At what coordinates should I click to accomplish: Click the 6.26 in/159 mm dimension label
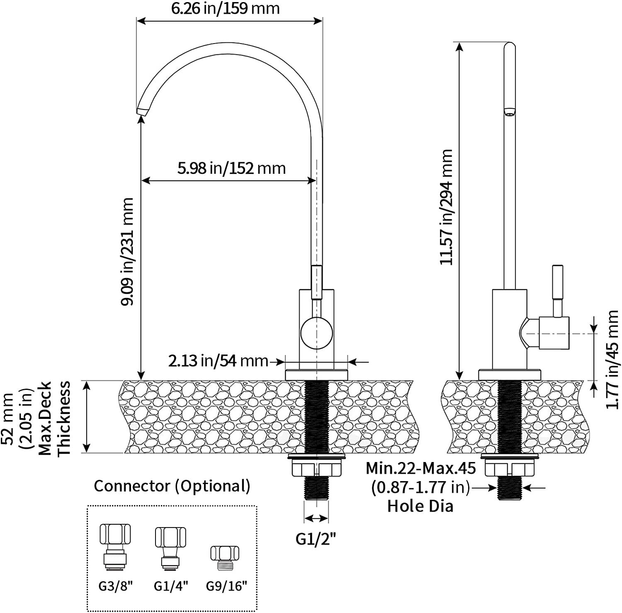pos(226,8)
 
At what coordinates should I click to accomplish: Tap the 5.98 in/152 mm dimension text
pos(231,168)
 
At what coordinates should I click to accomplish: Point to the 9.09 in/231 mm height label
pos(127,252)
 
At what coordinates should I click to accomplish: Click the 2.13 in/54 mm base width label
pos(218,361)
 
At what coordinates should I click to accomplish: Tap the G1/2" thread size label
pos(316,539)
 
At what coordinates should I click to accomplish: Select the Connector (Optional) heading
pos(172,486)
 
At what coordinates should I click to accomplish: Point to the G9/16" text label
pos(226,586)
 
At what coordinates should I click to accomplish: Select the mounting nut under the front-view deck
pos(317,468)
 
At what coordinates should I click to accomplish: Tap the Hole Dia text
pos(420,506)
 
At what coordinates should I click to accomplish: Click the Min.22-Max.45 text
pos(420,468)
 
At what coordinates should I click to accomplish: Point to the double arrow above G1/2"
pos(316,518)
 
